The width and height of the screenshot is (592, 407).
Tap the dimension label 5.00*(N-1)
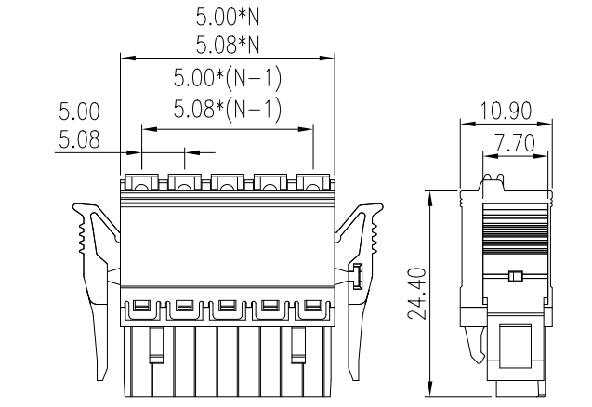coord(228,78)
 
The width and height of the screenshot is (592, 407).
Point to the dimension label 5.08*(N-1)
coord(228,110)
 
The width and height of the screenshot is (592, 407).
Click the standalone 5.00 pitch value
coord(79,112)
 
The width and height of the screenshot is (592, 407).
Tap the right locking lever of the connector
coord(363,269)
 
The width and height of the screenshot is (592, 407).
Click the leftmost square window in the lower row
coord(141,306)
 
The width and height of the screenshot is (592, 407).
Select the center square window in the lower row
coord(227,306)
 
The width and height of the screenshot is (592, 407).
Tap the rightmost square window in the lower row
coord(312,306)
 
